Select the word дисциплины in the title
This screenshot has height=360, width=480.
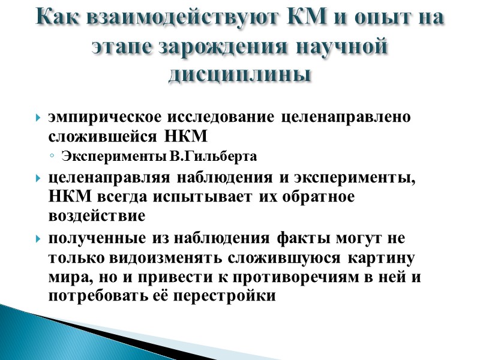(x=240, y=75)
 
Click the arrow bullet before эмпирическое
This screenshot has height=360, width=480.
(x=39, y=118)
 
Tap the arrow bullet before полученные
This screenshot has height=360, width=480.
(x=39, y=239)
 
